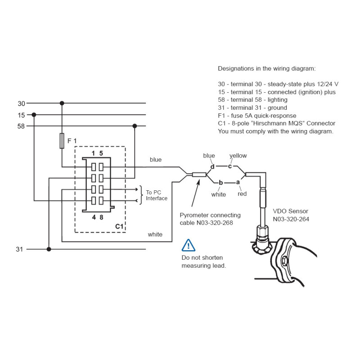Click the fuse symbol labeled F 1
click(62, 140)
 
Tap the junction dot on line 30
click(62, 103)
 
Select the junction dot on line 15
click(34, 115)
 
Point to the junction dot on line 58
click(135, 126)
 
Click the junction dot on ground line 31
click(49, 249)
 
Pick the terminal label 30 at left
click(21, 103)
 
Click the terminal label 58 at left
click(21, 126)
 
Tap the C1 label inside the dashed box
click(119, 227)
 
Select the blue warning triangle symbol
click(188, 245)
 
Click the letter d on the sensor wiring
click(212, 166)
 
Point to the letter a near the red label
click(238, 182)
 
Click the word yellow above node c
click(238, 156)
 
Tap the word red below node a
click(242, 194)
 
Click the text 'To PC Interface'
click(157, 195)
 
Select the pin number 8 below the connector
click(101, 217)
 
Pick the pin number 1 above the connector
click(93, 153)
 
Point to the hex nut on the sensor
click(262, 232)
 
